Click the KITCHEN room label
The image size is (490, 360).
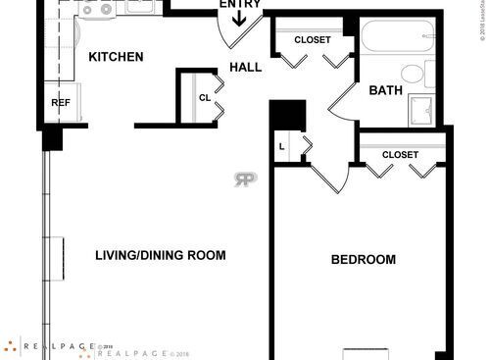pyautogui.click(x=116, y=57)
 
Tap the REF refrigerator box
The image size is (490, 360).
pyautogui.click(x=60, y=103)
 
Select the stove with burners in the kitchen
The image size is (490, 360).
pyautogui.click(x=97, y=9)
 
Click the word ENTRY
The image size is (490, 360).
pyautogui.click(x=240, y=4)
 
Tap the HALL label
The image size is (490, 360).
pyautogui.click(x=245, y=67)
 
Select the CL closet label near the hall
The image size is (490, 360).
pyautogui.click(x=205, y=97)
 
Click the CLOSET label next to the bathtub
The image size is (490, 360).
pyautogui.click(x=313, y=40)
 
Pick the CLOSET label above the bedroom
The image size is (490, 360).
pyautogui.click(x=400, y=155)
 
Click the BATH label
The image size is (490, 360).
pyautogui.click(x=385, y=91)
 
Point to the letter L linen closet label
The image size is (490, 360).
pyautogui.click(x=282, y=147)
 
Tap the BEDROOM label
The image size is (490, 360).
pyautogui.click(x=363, y=260)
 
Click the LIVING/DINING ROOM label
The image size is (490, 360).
pyautogui.click(x=160, y=256)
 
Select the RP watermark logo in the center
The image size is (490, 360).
pyautogui.click(x=244, y=179)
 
